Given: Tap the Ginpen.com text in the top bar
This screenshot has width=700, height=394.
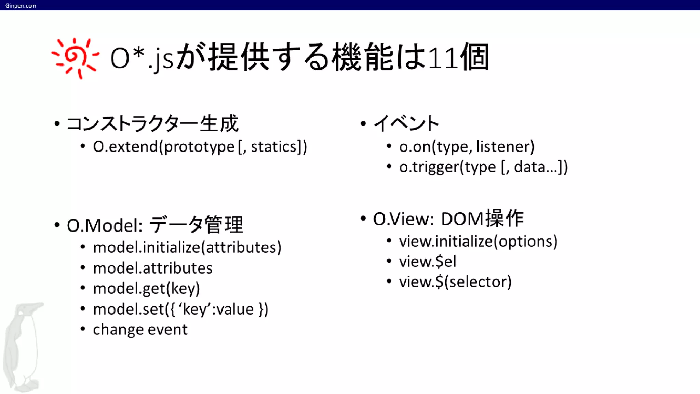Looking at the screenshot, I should point(21,5).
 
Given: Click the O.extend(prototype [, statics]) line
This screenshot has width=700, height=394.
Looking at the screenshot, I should point(200,147).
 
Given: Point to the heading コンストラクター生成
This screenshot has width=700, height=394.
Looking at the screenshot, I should point(152,123).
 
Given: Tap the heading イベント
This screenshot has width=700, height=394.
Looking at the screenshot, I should point(406,123).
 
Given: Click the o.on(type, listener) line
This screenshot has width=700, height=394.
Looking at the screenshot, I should point(467,147).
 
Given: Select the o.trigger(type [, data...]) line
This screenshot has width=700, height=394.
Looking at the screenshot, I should point(483,167).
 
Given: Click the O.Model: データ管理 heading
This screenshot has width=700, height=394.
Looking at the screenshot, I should point(155,225).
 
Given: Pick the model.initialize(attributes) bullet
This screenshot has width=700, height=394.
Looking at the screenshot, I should point(187,247).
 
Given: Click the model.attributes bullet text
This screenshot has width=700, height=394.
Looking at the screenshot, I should point(152,268).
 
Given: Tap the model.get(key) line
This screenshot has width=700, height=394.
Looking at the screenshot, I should point(146,289).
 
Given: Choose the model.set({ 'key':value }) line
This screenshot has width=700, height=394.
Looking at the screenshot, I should point(180,309).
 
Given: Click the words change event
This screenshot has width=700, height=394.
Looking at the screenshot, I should point(140,330).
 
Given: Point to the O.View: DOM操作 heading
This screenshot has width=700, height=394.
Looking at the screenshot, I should point(448,219).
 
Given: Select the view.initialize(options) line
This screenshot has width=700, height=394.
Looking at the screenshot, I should point(478,241).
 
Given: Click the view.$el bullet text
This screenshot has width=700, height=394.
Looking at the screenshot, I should point(427,262).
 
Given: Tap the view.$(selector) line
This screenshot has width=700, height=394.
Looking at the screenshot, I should point(455,282).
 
